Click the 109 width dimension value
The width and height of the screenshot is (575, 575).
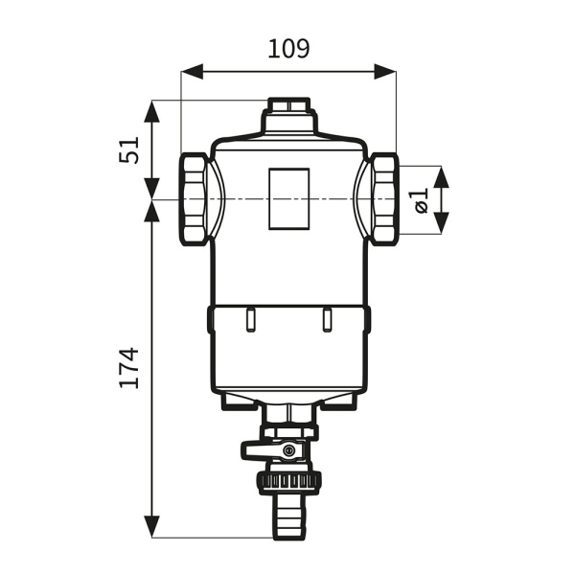click(288, 49)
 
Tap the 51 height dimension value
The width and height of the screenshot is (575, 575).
click(129, 150)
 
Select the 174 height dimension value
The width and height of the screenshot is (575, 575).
click(129, 368)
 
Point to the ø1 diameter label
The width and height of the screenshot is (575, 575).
click(421, 200)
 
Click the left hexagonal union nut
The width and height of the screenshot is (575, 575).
click(194, 199)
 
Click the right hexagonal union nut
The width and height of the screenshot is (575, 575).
click(383, 199)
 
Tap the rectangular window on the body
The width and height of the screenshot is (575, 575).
click(289, 199)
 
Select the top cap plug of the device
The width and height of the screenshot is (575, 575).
click(289, 104)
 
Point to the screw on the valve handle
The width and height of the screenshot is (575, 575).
click(288, 450)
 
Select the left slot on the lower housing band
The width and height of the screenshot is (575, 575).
click(250, 320)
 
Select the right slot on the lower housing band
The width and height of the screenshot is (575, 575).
click(327, 320)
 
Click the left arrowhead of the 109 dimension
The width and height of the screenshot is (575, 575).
click(192, 72)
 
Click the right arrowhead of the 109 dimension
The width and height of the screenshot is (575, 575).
click(385, 72)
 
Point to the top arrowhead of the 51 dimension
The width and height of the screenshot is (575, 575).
click(151, 111)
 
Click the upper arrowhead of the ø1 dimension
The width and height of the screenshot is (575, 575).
click(441, 177)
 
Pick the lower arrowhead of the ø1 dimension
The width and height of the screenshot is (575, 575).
click(441, 223)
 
